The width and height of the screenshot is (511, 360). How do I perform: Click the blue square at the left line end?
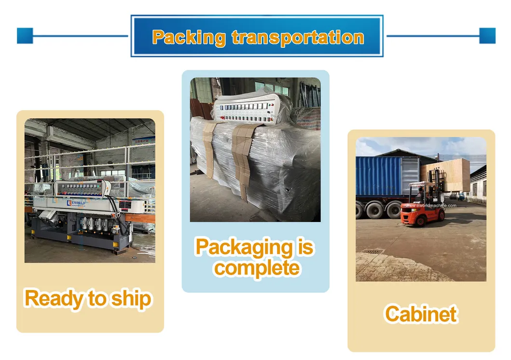[x=25, y=36]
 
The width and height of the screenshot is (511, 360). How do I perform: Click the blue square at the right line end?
[x=487, y=36]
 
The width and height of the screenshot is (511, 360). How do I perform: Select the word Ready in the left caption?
[x=53, y=298]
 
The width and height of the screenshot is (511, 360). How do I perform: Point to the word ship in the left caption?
[x=131, y=299]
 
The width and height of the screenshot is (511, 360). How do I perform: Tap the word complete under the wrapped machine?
[x=257, y=268]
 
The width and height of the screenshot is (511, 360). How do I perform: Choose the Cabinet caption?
[x=421, y=314]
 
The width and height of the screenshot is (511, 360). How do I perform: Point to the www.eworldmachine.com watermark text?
[x=431, y=206]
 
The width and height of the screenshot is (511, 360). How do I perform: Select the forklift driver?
[x=421, y=194]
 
